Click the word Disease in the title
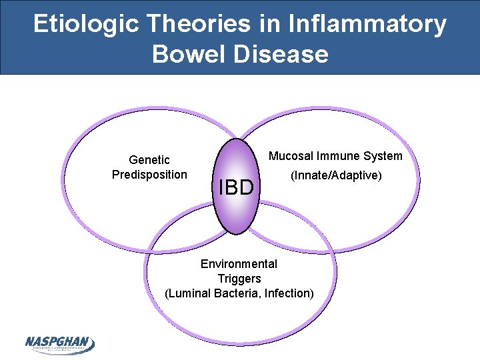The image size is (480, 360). click(x=281, y=54)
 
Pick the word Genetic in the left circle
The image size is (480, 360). click(x=149, y=160)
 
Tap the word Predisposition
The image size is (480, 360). click(x=149, y=175)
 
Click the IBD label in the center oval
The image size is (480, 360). click(x=236, y=187)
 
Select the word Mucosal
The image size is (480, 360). click(x=291, y=156)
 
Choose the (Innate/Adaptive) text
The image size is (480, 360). click(x=335, y=176)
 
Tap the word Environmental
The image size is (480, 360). click(x=239, y=264)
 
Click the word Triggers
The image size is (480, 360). click(x=239, y=278)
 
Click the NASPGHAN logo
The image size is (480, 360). click(x=60, y=343)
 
